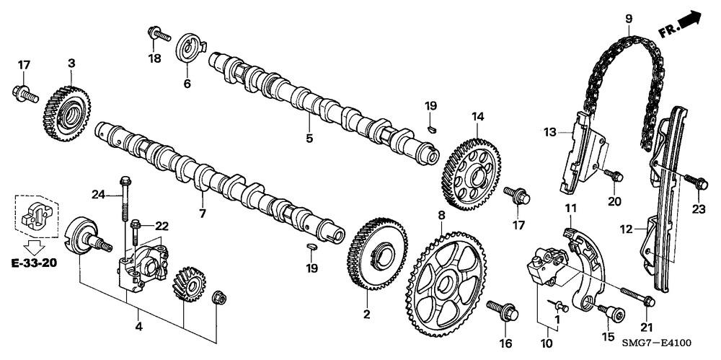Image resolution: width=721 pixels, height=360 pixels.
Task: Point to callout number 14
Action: (x=477, y=116)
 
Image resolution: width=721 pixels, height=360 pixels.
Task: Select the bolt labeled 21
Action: (x=634, y=294)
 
